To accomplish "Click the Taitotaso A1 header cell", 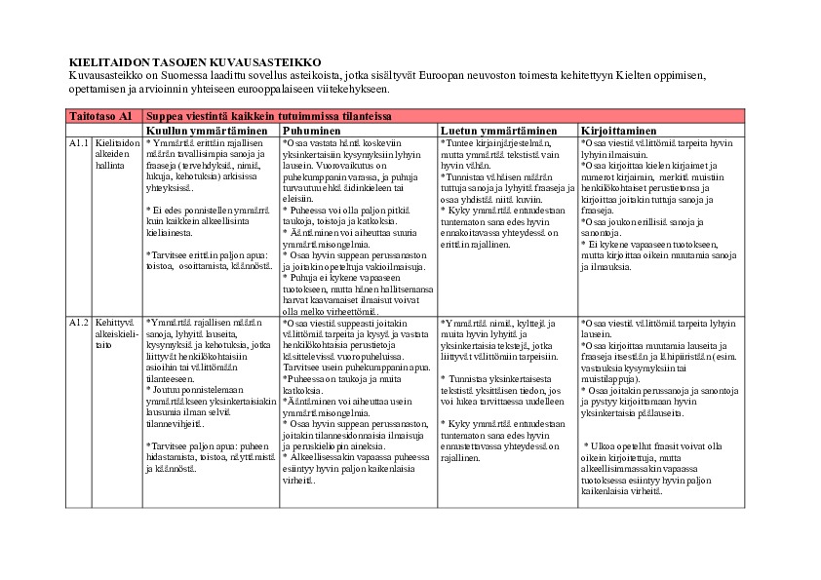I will (x=99, y=116).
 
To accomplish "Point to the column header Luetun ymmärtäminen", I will (x=498, y=130).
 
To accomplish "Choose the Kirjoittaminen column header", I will (x=618, y=130).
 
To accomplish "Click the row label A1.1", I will (x=79, y=143).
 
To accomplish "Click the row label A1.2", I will (x=79, y=323).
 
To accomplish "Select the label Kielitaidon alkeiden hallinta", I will (x=112, y=154).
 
